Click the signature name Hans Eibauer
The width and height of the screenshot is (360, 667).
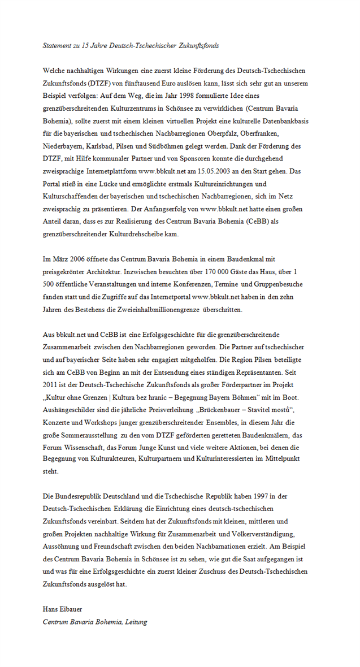point(62,609)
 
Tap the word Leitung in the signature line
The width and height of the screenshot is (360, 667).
point(135,622)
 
